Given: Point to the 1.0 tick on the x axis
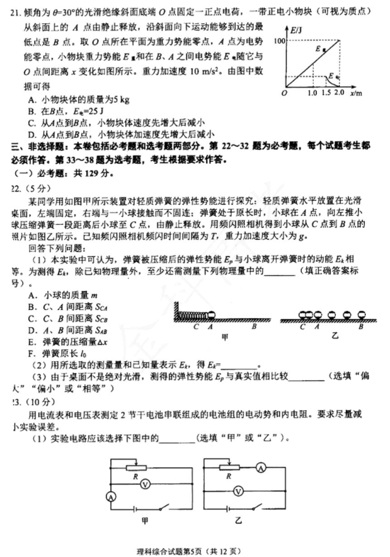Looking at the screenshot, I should tap(312, 93).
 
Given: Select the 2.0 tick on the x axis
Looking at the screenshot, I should tap(339, 93).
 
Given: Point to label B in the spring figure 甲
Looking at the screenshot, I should tap(254, 328).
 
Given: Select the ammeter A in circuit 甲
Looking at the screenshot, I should tap(112, 498).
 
